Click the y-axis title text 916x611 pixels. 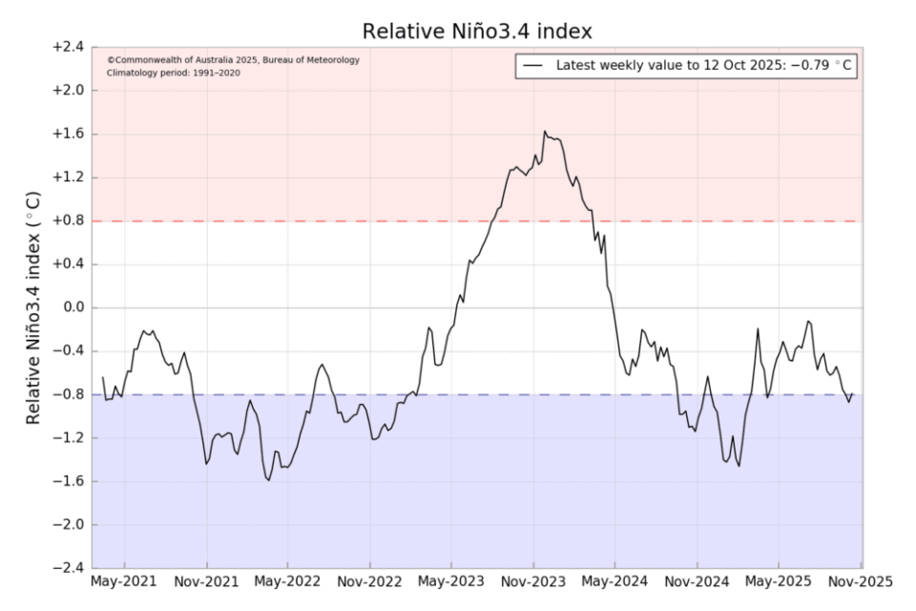33,307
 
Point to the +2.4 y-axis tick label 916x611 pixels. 68,47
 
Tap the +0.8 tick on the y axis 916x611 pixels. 68,221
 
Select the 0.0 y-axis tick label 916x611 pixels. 72,308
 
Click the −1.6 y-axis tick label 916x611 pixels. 68,482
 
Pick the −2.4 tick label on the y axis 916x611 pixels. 68,569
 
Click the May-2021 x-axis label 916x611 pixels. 125,581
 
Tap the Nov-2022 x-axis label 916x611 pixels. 370,581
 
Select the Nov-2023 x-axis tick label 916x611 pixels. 533,581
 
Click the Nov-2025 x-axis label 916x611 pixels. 861,581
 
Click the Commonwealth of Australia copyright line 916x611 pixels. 234,59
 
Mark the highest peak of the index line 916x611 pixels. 545,132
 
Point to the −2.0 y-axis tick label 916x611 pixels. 68,525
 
